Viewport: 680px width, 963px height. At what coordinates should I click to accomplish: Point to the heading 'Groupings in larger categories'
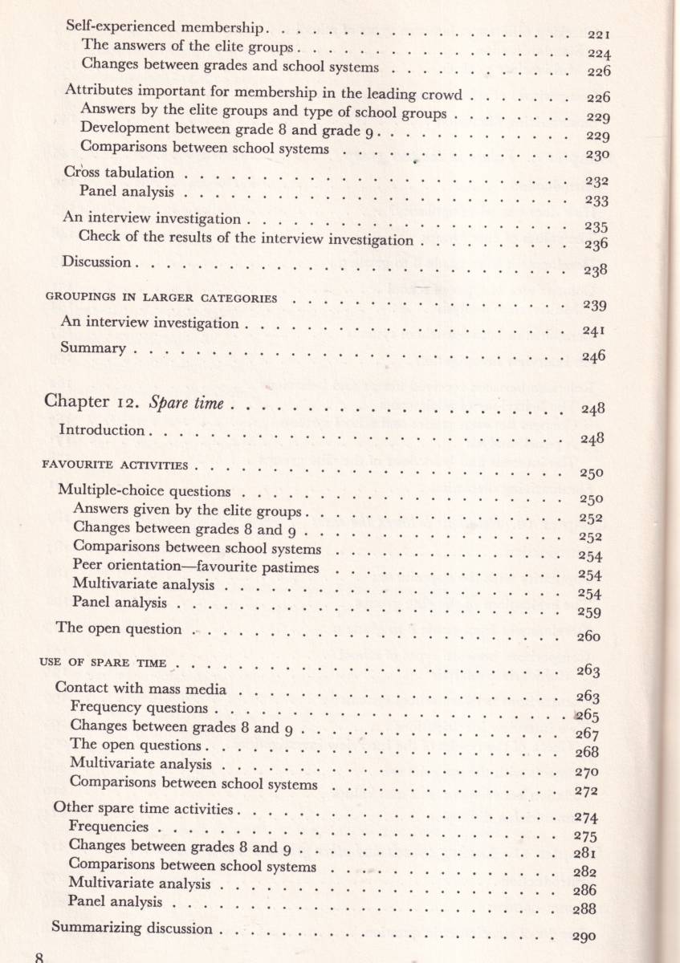[x=157, y=298]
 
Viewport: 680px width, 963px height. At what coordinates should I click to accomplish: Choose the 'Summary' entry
[x=93, y=348]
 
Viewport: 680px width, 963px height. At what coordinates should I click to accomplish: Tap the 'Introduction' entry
[x=102, y=430]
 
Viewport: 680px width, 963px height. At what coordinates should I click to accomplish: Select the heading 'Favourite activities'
[x=114, y=465]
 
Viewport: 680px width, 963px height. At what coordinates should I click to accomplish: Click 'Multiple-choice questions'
[x=145, y=491]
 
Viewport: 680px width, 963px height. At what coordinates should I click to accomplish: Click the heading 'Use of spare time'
[x=103, y=663]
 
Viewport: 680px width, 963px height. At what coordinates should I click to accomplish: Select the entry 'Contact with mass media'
[x=140, y=689]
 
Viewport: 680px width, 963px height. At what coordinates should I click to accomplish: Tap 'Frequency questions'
[x=139, y=708]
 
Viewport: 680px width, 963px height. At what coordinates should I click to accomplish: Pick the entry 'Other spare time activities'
[x=143, y=809]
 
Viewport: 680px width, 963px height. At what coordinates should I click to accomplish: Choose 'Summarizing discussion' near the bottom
[x=132, y=928]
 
